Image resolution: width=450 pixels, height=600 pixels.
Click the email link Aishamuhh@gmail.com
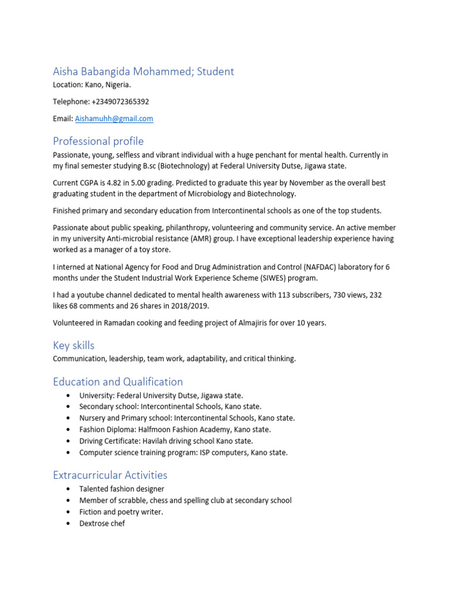[114, 118]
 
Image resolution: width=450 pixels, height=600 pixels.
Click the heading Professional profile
[98, 141]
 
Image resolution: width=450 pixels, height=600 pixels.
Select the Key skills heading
[73, 345]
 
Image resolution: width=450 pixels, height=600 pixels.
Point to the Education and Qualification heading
[118, 381]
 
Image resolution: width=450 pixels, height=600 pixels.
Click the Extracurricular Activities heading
[110, 475]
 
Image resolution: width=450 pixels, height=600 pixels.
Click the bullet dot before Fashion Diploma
[69, 429]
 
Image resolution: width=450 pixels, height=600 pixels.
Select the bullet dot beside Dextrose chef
[69, 523]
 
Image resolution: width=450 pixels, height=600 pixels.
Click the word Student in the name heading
[215, 71]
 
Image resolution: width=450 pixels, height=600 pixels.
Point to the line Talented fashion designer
[122, 489]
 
